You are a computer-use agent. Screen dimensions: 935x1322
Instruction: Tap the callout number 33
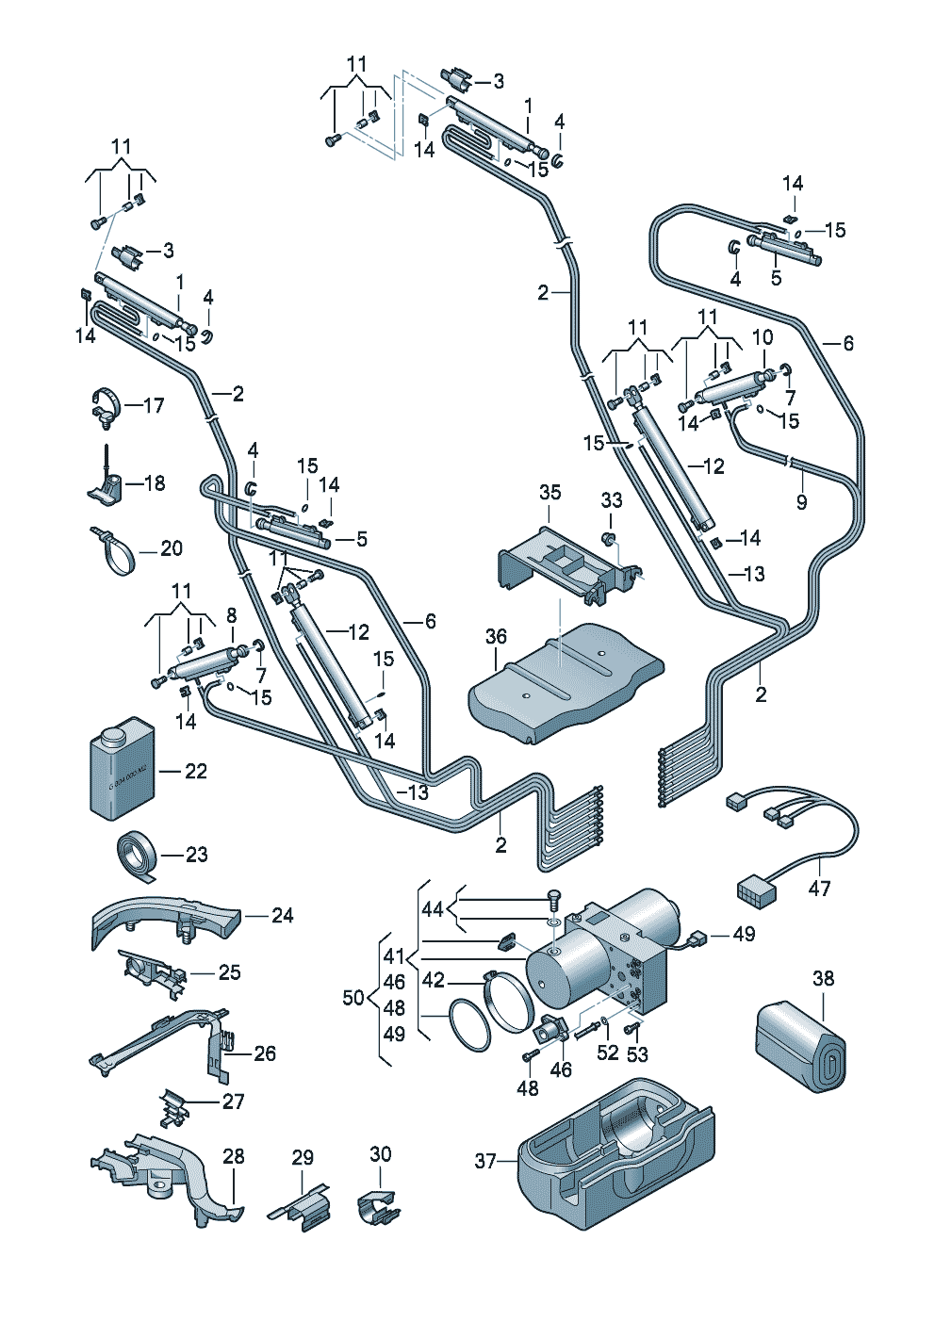click(612, 500)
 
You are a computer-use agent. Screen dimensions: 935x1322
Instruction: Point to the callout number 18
click(155, 483)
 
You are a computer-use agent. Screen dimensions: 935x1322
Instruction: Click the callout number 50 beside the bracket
click(354, 998)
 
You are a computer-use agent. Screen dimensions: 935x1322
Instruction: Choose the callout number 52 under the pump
click(608, 1053)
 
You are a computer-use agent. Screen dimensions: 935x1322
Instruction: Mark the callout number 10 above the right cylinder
click(763, 337)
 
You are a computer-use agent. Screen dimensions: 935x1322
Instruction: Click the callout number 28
click(233, 1156)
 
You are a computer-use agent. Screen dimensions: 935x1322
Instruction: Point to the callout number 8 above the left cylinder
click(231, 615)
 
